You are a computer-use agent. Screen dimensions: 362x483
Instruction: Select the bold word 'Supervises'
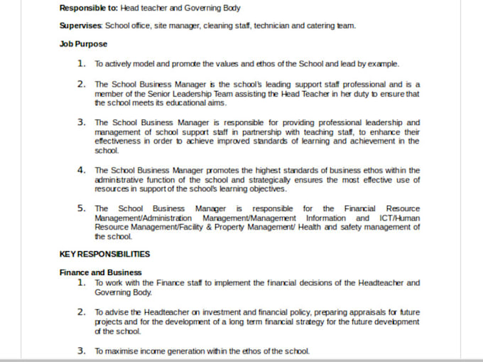coord(80,26)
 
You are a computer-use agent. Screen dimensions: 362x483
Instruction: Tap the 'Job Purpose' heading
coord(83,44)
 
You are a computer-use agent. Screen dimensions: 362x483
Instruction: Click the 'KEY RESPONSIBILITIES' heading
coord(104,253)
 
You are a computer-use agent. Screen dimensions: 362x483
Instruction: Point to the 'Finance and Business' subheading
coord(100,272)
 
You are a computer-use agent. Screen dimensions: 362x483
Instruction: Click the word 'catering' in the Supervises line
coord(310,26)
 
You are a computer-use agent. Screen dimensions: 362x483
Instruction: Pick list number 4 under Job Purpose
coord(82,170)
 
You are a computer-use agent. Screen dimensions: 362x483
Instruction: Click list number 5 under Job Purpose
coord(82,208)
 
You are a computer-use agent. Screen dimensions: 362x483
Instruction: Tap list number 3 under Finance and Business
coord(82,351)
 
